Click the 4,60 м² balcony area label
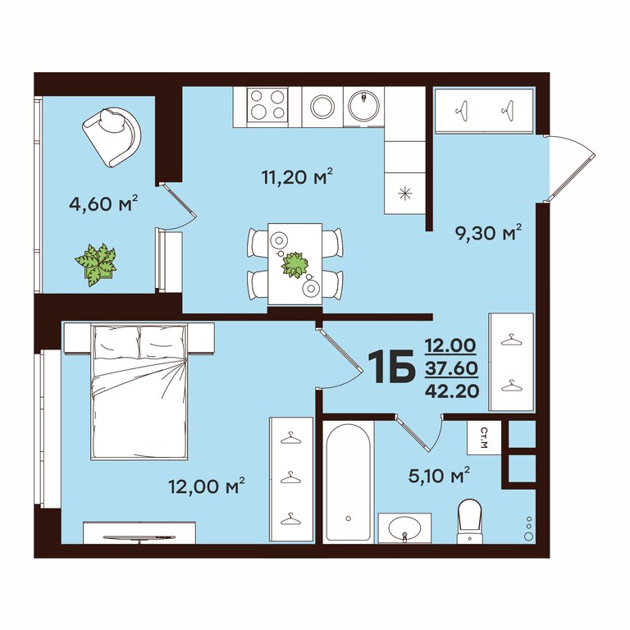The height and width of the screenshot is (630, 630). pyautogui.click(x=103, y=204)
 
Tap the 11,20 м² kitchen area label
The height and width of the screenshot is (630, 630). pyautogui.click(x=297, y=176)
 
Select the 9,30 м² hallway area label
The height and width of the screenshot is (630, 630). pyautogui.click(x=488, y=233)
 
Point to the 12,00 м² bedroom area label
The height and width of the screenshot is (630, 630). pyautogui.click(x=207, y=486)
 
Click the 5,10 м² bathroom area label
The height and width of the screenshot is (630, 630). pyautogui.click(x=439, y=475)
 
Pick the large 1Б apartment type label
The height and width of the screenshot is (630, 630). pyautogui.click(x=393, y=366)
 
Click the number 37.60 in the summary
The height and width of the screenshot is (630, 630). pyautogui.click(x=452, y=368)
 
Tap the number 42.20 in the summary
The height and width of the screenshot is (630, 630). pyautogui.click(x=452, y=390)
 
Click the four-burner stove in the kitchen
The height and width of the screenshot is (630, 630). pyautogui.click(x=267, y=105)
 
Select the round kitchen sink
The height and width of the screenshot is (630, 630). pyautogui.click(x=363, y=105)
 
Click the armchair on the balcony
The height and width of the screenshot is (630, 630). pyautogui.click(x=112, y=136)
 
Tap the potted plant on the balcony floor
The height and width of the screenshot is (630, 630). pyautogui.click(x=97, y=264)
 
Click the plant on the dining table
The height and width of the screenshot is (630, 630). pyautogui.click(x=295, y=265)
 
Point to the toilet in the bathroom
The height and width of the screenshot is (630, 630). pyautogui.click(x=469, y=521)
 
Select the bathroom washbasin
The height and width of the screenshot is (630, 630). pyautogui.click(x=404, y=528)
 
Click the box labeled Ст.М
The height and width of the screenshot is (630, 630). pyautogui.click(x=484, y=437)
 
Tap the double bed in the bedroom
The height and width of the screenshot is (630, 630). pyautogui.click(x=139, y=391)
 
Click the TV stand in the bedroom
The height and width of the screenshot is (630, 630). pyautogui.click(x=139, y=532)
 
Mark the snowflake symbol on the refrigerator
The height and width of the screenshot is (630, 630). pyautogui.click(x=404, y=194)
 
